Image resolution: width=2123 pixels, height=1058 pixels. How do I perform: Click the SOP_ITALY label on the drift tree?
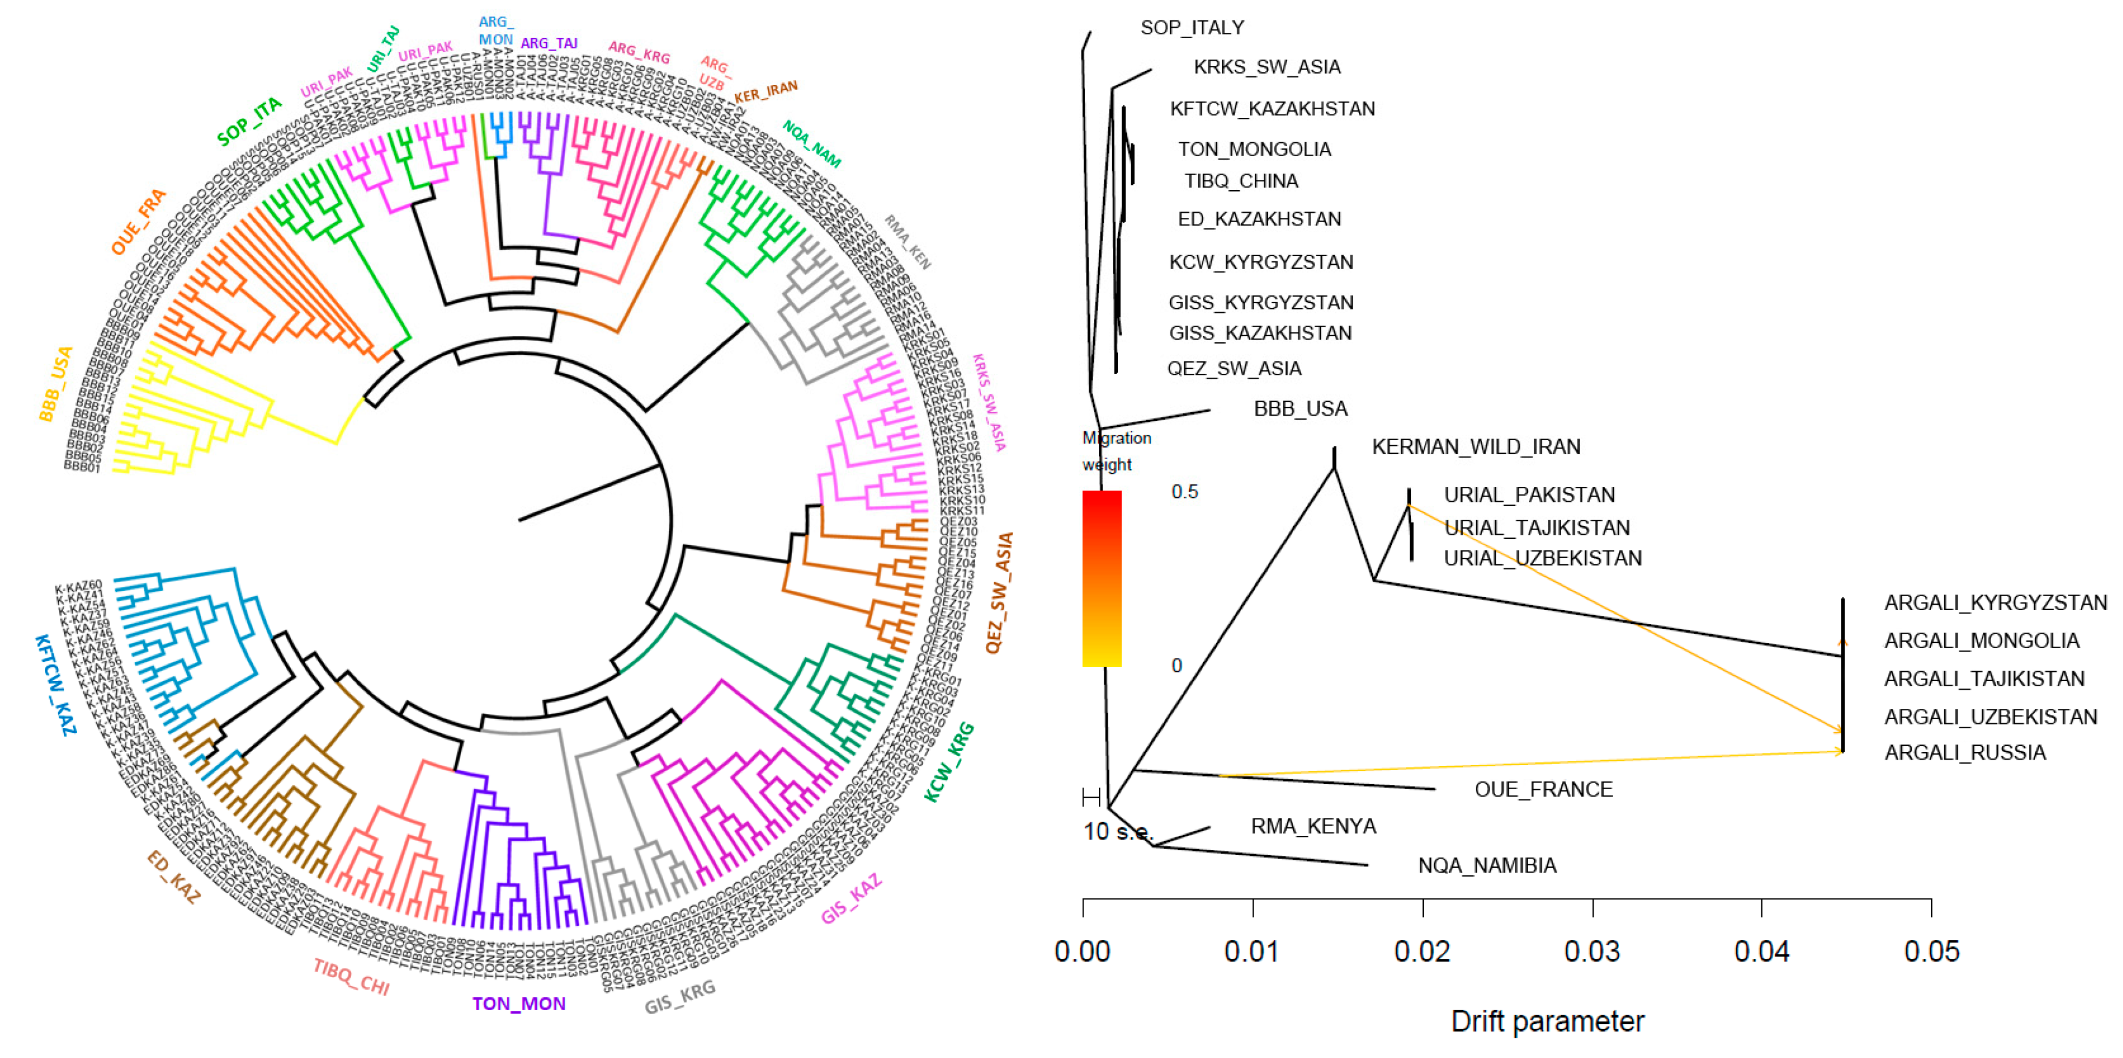point(1192,28)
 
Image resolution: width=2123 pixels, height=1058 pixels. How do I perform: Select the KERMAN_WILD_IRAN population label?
point(1475,447)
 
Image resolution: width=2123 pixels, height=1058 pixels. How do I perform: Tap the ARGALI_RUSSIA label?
point(1965,753)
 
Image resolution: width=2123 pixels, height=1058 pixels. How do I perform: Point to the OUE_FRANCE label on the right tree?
point(1543,790)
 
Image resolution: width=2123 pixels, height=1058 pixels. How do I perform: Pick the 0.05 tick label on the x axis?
point(1931,952)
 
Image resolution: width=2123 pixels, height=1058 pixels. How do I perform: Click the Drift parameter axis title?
point(1547,1022)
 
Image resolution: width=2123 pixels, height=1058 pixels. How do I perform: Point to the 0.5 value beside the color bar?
point(1185,493)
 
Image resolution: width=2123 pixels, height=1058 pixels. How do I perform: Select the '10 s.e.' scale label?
point(1118,832)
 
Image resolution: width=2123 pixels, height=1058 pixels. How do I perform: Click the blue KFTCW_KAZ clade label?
point(56,685)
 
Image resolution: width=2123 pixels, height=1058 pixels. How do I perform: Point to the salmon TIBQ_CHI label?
point(351,977)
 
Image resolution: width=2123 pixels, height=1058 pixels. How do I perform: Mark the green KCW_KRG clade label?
point(949,763)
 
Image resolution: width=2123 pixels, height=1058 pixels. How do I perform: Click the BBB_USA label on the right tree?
point(1301,409)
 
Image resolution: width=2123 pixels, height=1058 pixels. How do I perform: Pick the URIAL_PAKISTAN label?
point(1529,495)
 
